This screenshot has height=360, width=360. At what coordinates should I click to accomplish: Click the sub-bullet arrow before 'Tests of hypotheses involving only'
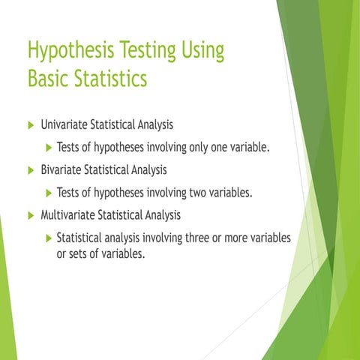(x=49, y=146)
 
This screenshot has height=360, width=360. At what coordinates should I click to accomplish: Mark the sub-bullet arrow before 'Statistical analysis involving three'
(x=49, y=238)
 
